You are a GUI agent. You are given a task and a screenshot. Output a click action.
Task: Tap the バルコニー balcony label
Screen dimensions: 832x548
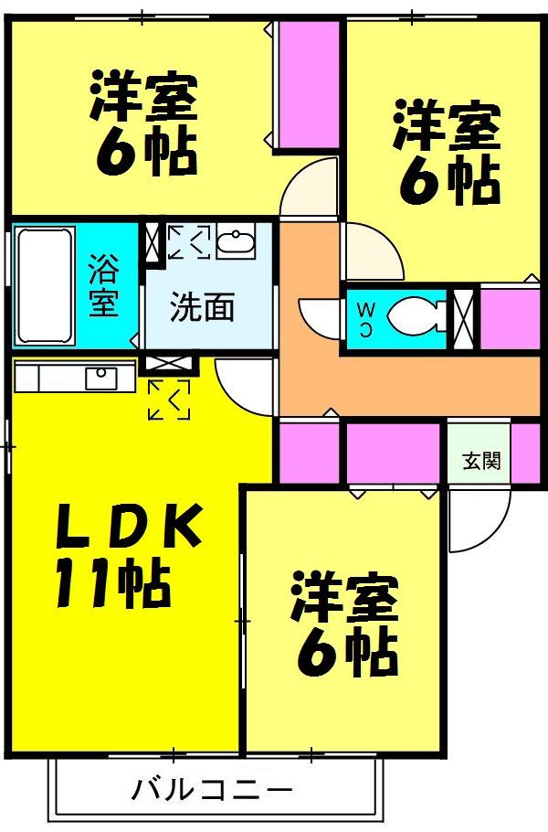pyautogui.click(x=211, y=788)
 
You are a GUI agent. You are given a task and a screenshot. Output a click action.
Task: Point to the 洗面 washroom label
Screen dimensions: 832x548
pyautogui.click(x=202, y=307)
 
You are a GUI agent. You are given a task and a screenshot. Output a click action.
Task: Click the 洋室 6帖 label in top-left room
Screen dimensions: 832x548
pyautogui.click(x=144, y=123)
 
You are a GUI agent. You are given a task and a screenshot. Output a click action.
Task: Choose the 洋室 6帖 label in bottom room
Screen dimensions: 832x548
pyautogui.click(x=344, y=622)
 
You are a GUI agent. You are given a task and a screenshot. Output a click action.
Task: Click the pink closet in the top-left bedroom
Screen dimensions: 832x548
pyautogui.click(x=309, y=83)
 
